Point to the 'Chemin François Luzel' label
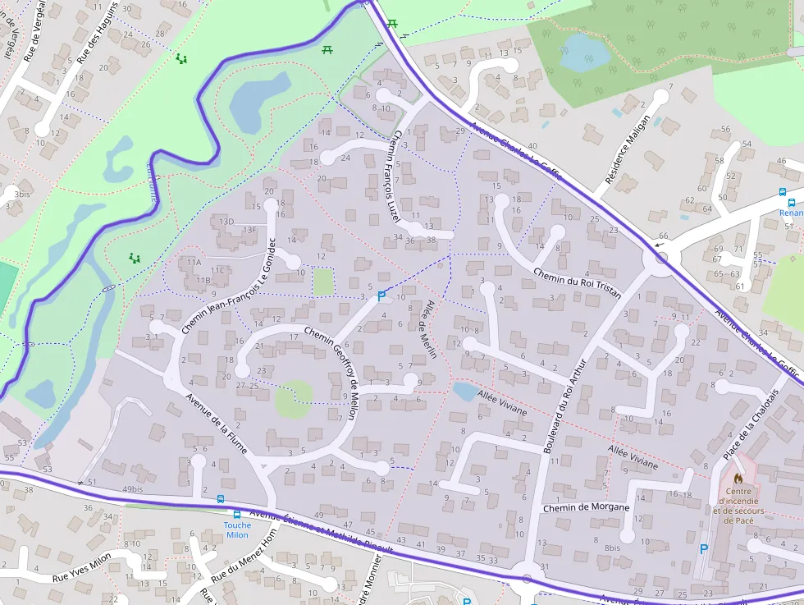point(394,176)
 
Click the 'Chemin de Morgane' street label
point(586,507)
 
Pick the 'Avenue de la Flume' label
point(217,424)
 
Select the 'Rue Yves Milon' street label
point(81,567)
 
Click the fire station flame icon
point(738,476)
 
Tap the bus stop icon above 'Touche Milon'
point(220,499)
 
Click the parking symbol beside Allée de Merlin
point(381,296)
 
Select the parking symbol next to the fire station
point(702,548)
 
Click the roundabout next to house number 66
point(661,258)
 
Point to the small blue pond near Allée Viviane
point(464,392)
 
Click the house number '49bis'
point(132,489)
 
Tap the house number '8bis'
point(612,548)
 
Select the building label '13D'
point(226,222)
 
